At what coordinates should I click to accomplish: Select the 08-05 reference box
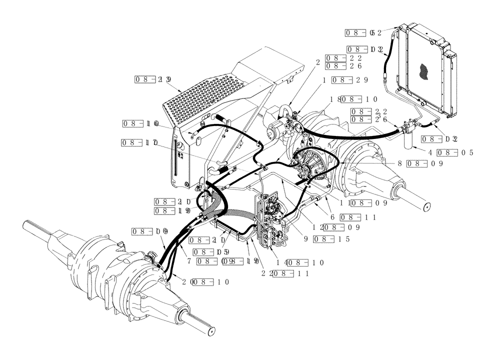pos(455,152)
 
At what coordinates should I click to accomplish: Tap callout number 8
pos(400,163)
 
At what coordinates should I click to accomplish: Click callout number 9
pos(305,239)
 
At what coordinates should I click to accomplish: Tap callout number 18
pos(334,100)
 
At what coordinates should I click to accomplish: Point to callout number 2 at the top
pos(317,62)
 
